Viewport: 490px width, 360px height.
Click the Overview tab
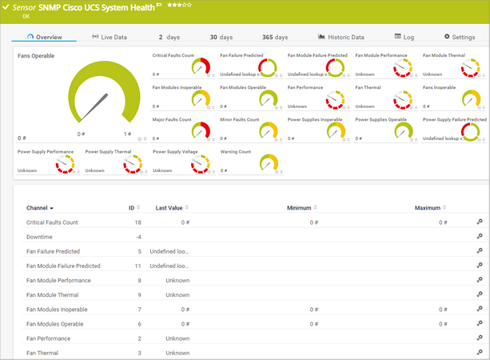(x=45, y=37)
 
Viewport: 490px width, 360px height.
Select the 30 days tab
(x=221, y=37)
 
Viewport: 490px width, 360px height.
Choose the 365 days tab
(x=275, y=37)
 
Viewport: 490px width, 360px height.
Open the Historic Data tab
(x=341, y=37)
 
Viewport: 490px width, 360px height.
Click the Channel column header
(x=40, y=208)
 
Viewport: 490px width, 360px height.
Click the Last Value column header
(x=172, y=208)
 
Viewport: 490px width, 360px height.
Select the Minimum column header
(x=299, y=208)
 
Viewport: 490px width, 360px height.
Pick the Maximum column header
(x=428, y=208)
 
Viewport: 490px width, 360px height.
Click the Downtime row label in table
(x=41, y=237)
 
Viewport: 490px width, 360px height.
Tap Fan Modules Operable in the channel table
(x=57, y=323)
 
